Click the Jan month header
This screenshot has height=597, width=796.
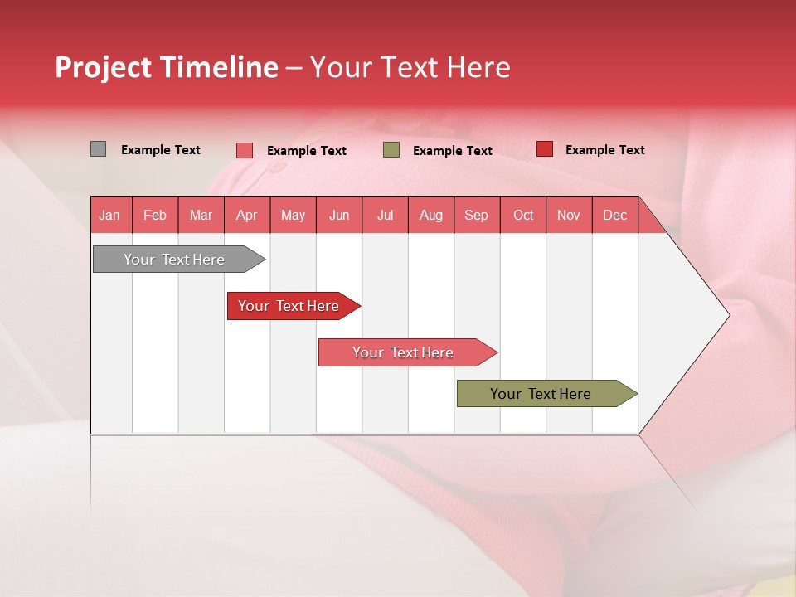point(109,215)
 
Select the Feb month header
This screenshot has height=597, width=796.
point(155,215)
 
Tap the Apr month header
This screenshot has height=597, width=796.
point(247,215)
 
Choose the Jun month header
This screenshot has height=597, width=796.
point(339,215)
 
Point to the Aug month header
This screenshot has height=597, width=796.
point(431,215)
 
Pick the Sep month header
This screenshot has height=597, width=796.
point(477,215)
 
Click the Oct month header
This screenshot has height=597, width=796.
point(523,215)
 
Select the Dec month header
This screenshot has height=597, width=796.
point(615,215)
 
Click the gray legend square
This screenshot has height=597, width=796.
point(98,149)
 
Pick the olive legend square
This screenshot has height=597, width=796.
point(391,150)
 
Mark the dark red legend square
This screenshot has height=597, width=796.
point(545,149)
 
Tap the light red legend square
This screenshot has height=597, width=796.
point(245,150)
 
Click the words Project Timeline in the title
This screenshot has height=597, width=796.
point(166,67)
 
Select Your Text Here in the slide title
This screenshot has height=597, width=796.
point(410,67)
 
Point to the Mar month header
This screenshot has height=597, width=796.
point(201,215)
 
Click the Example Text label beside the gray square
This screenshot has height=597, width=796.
point(161,150)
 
